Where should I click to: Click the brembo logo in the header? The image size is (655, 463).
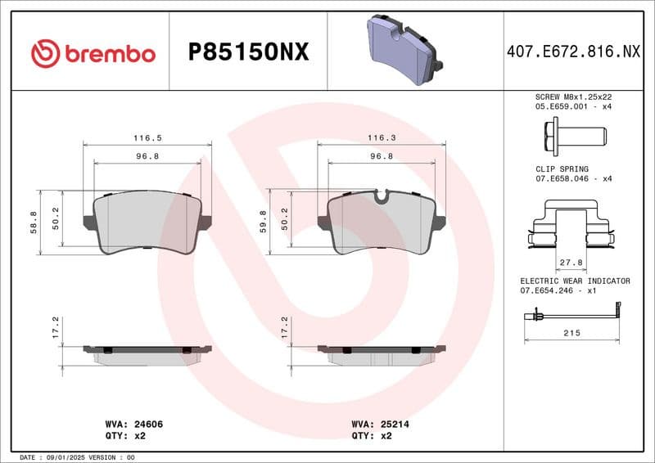tap(93, 53)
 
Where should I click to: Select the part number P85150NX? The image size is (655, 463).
tap(249, 53)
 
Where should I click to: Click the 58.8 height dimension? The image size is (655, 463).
tap(34, 223)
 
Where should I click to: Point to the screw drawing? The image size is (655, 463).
tap(572, 133)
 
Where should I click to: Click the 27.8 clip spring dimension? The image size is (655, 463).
tap(571, 263)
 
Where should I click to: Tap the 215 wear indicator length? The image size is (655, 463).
tap(571, 333)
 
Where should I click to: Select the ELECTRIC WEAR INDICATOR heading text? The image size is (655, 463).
tap(575, 281)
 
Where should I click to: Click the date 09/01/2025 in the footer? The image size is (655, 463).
tap(62, 456)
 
